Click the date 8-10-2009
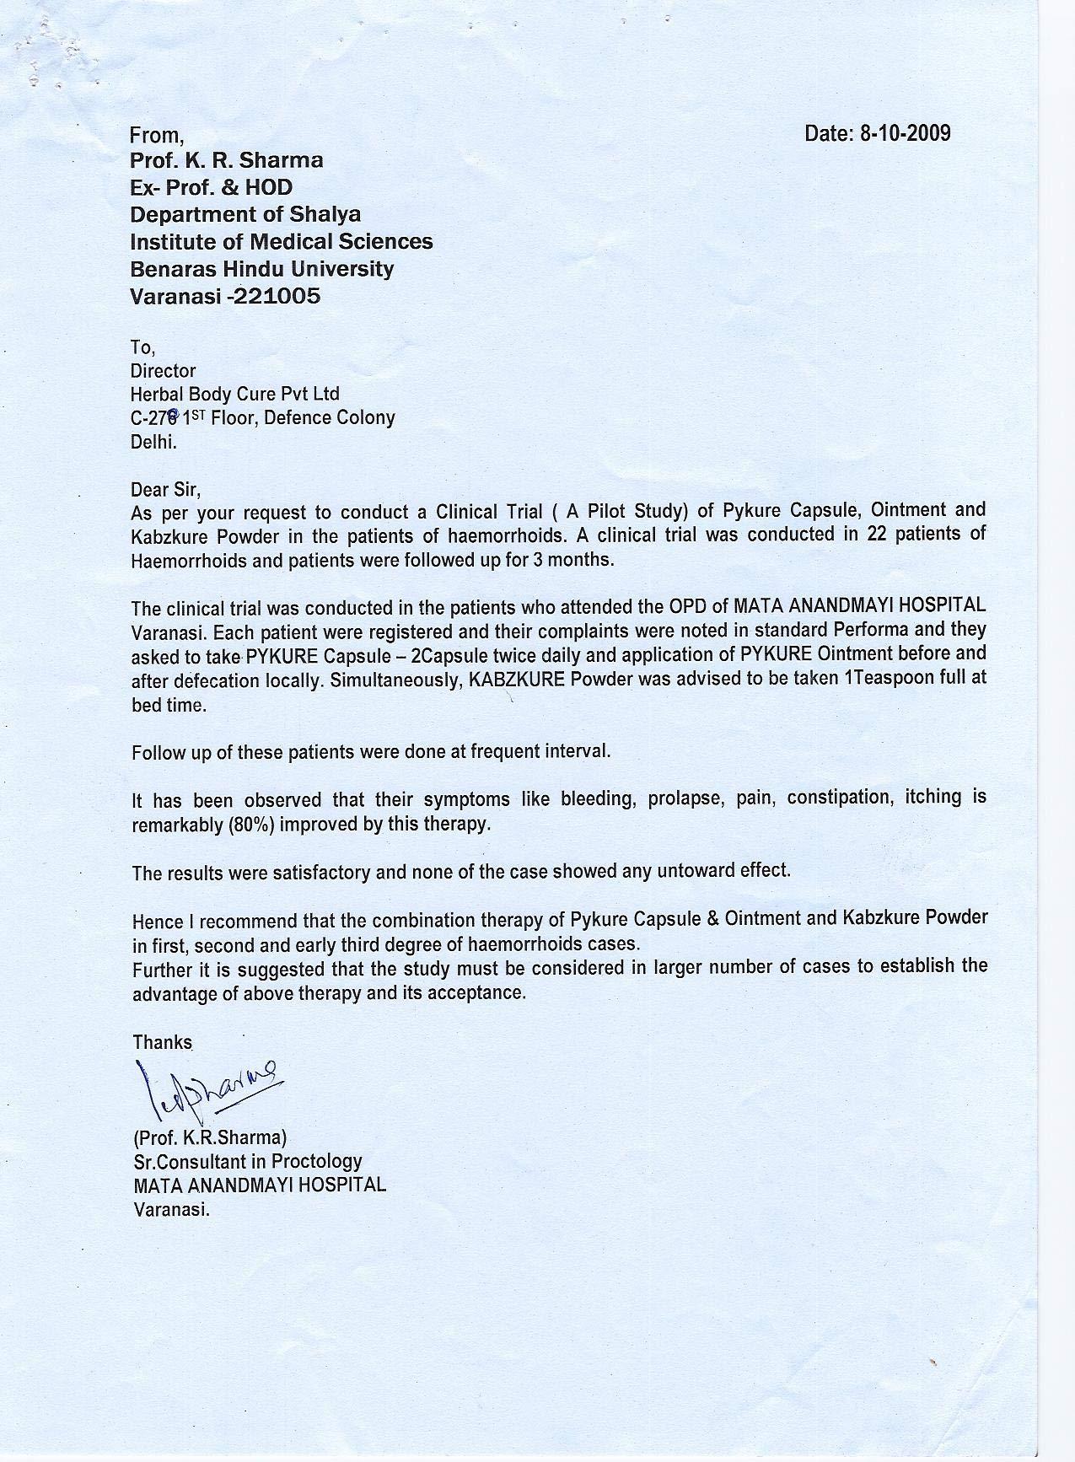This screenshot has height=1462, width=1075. point(904,133)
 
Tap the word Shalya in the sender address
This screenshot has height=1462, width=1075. point(324,214)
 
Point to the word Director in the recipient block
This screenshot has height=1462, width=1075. point(163,371)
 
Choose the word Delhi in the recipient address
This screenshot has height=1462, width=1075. point(153,441)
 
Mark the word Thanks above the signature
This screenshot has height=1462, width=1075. point(163,1042)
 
